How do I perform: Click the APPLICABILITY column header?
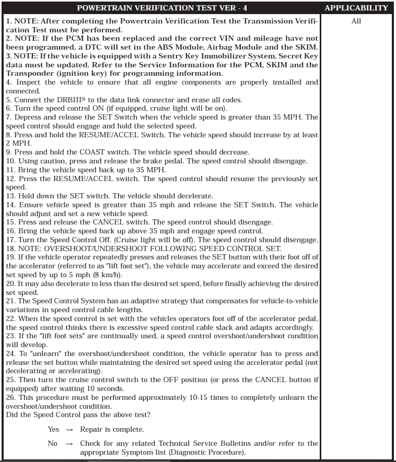pos(356,8)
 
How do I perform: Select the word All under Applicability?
pos(356,21)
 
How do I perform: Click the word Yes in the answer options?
pos(53,429)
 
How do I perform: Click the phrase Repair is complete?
pos(112,429)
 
